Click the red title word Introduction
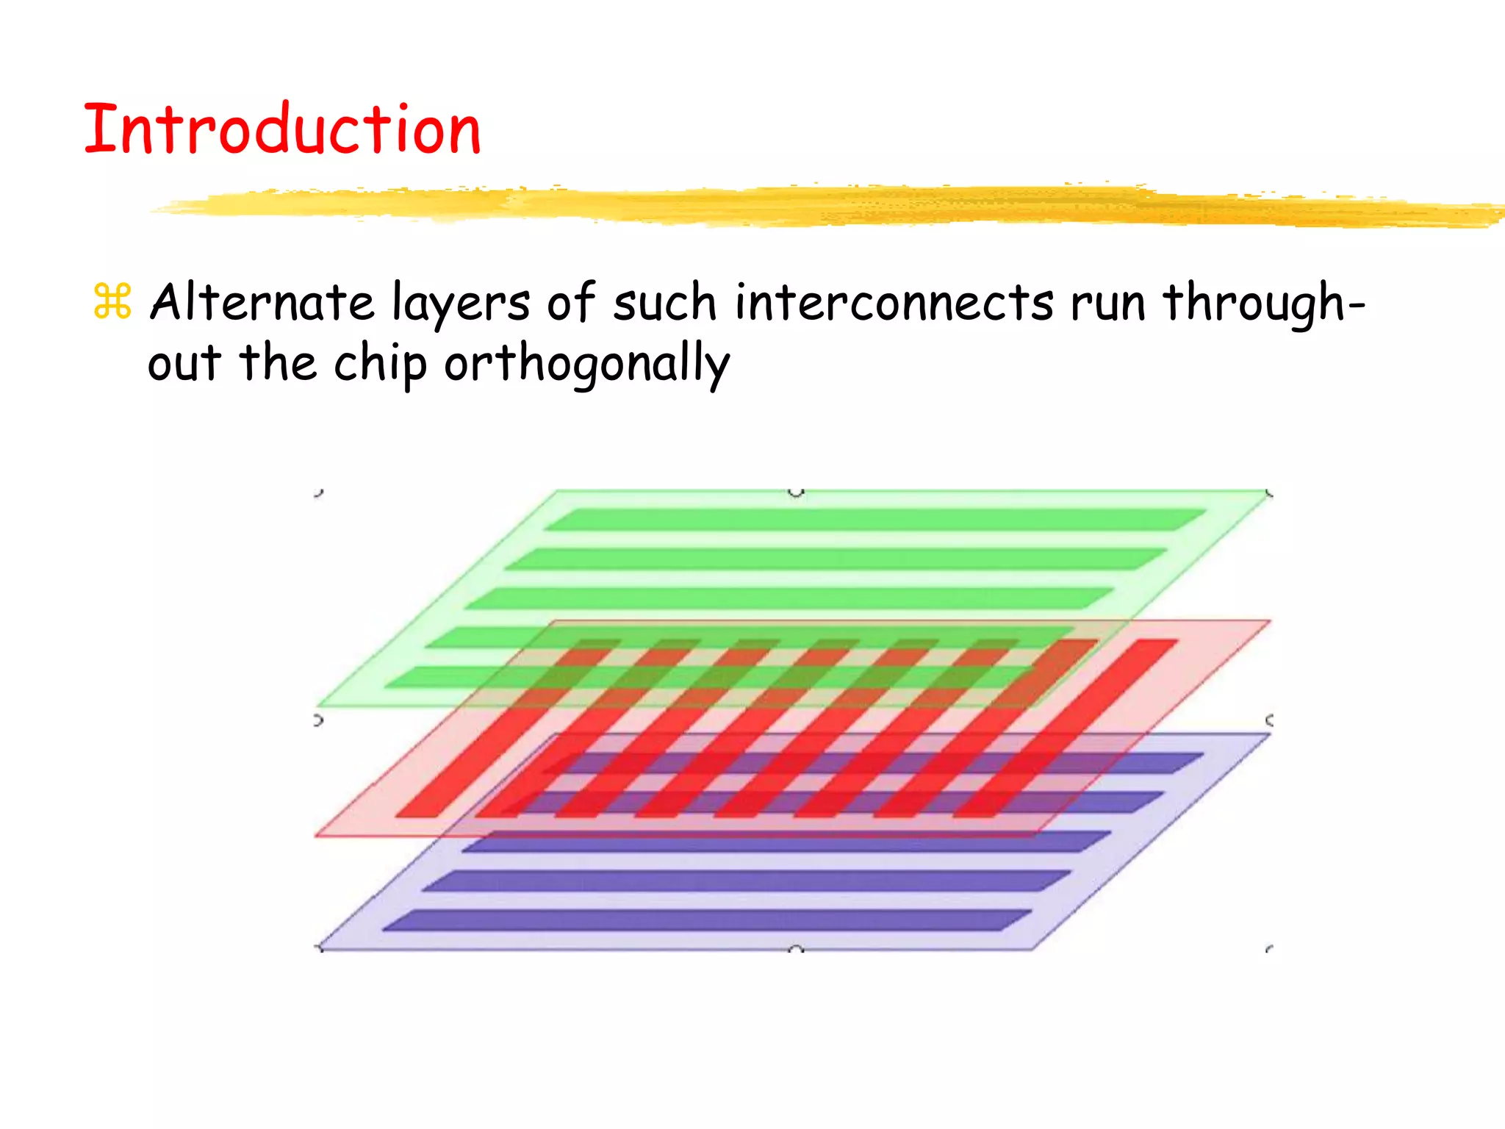tap(282, 129)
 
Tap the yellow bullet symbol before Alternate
tap(112, 302)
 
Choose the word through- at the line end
tap(1262, 304)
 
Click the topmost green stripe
tap(874, 520)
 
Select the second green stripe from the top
tap(836, 559)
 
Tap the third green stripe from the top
tap(790, 598)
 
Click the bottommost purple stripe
tap(705, 920)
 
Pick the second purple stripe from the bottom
tap(746, 881)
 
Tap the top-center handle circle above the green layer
tap(796, 491)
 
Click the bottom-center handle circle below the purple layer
tap(796, 950)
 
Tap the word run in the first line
tap(1107, 304)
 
